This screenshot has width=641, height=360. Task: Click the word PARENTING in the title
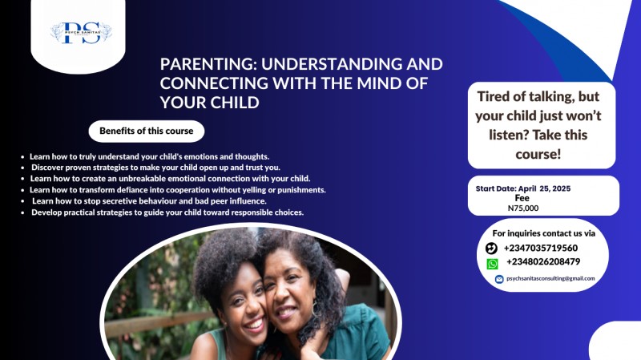[204, 64]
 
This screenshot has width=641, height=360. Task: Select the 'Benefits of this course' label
[146, 131]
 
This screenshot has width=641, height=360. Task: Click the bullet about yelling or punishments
[177, 189]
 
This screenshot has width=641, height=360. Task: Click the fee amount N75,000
[523, 208]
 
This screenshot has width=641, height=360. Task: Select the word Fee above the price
[522, 197]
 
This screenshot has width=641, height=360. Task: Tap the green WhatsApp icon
[492, 263]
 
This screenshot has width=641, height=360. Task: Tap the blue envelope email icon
[499, 279]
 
